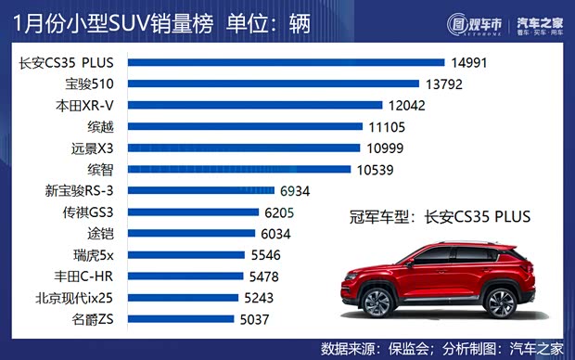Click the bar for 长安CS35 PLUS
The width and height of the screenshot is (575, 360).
tap(287, 63)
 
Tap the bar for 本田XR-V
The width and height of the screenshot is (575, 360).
tap(255, 106)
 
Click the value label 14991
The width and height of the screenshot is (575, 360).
tap(470, 63)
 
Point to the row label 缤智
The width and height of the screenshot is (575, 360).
tap(101, 170)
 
